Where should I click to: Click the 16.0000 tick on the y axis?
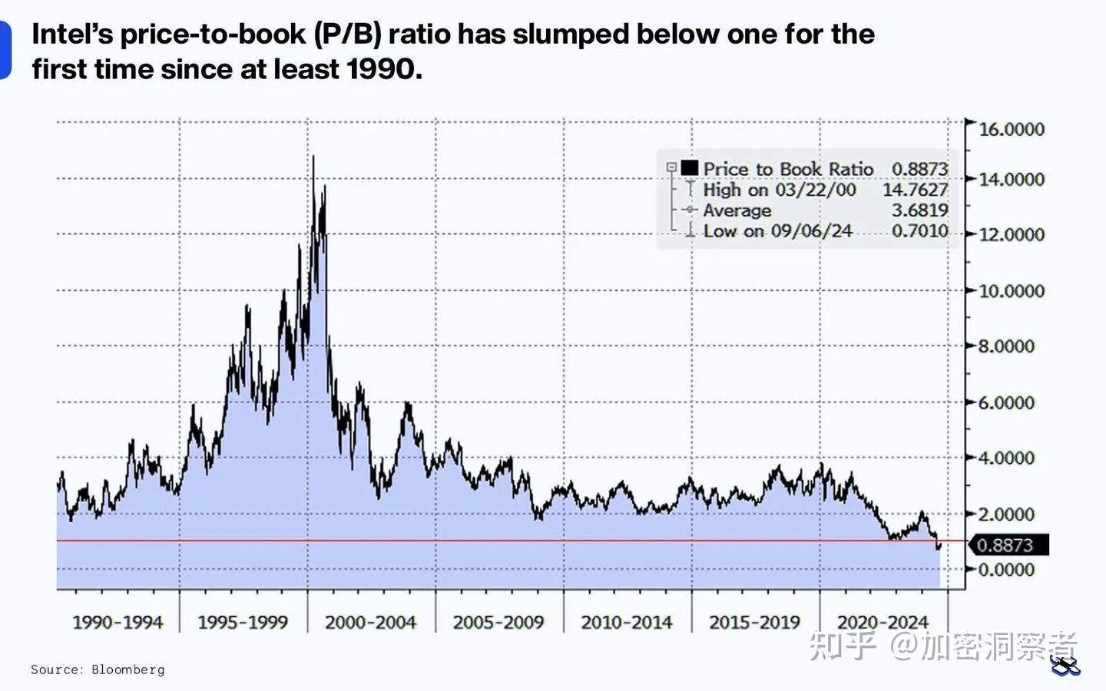(x=1012, y=129)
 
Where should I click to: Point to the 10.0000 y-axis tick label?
(x=1012, y=291)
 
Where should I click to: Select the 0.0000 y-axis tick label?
(x=1005, y=570)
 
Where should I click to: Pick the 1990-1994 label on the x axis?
(x=118, y=622)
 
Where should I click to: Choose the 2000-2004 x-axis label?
(x=370, y=622)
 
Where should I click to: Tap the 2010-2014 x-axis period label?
(x=627, y=622)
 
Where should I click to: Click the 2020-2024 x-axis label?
(x=882, y=622)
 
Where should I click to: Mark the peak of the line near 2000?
(x=313, y=157)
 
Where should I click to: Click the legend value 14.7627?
(x=915, y=190)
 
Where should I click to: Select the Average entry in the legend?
(x=737, y=210)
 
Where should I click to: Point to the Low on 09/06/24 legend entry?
(x=777, y=231)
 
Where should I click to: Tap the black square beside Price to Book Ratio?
(x=689, y=168)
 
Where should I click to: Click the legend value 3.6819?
(x=919, y=210)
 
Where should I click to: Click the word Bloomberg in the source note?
(x=127, y=670)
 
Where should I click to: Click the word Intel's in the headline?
(x=72, y=35)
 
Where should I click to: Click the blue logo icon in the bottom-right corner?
(x=1065, y=665)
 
